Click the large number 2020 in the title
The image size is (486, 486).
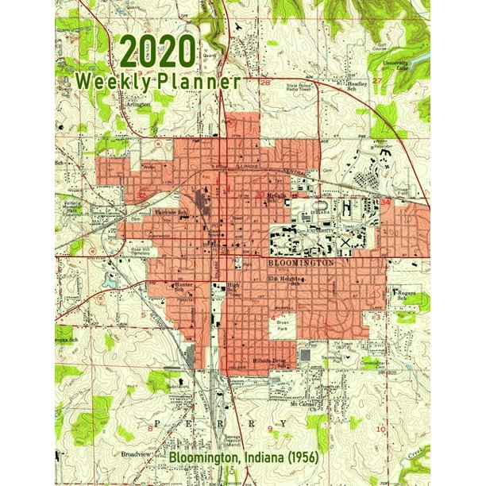point(156,54)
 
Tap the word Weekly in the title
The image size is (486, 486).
point(110,81)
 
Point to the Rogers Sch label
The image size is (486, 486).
point(408,294)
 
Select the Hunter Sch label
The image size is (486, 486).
point(183,287)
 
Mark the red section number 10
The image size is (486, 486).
point(381,429)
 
